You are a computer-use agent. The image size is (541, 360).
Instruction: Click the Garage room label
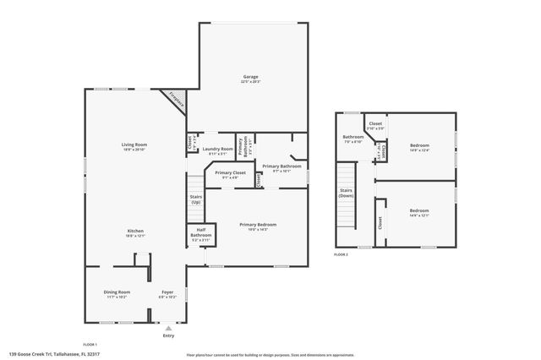click(x=250, y=76)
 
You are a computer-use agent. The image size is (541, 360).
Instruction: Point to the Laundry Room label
click(x=217, y=149)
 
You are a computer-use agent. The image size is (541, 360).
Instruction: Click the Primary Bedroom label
click(x=258, y=224)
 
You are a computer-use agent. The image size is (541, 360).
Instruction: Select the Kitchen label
click(x=135, y=231)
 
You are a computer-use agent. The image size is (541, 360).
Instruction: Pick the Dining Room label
click(x=117, y=292)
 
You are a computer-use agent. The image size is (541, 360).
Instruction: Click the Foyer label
click(x=167, y=292)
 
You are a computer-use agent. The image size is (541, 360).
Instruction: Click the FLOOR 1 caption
click(x=90, y=344)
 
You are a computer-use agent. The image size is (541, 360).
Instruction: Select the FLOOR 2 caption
click(x=342, y=254)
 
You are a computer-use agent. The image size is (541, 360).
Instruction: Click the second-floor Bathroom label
click(x=352, y=137)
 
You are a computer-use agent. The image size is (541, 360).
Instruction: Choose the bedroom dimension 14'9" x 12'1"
click(x=419, y=215)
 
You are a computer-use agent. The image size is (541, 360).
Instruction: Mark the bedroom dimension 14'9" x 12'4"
click(x=420, y=150)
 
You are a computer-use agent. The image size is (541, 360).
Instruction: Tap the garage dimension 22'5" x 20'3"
click(x=250, y=82)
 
